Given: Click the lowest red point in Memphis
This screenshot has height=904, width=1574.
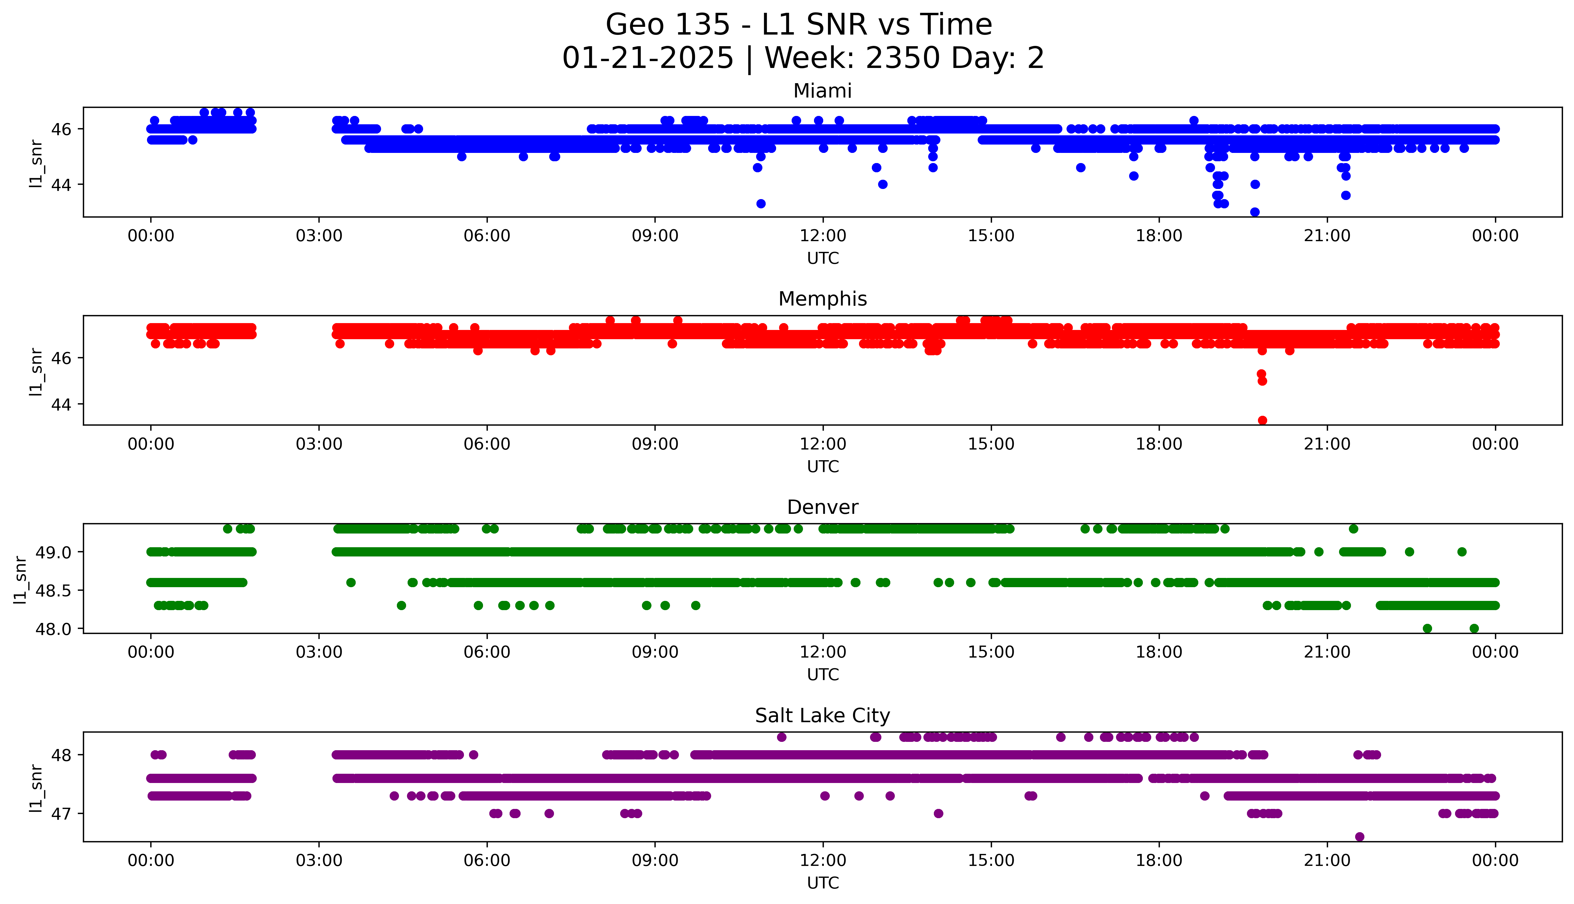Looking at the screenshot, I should (x=1262, y=420).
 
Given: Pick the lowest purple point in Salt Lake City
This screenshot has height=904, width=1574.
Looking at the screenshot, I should (x=1359, y=836).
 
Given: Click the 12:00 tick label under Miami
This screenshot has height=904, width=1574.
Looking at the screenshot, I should (x=823, y=236).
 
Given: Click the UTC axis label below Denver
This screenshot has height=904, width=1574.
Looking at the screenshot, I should (x=823, y=674).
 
